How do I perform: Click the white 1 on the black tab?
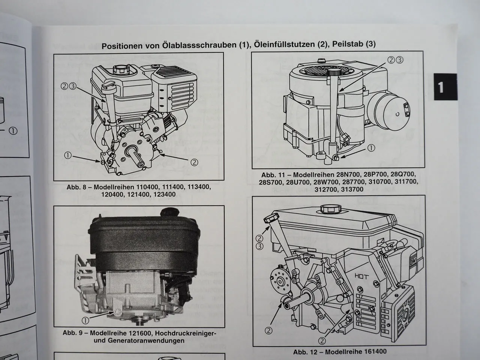(x=441, y=87)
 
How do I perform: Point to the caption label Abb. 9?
(x=74, y=333)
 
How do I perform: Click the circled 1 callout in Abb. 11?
(x=371, y=148)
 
